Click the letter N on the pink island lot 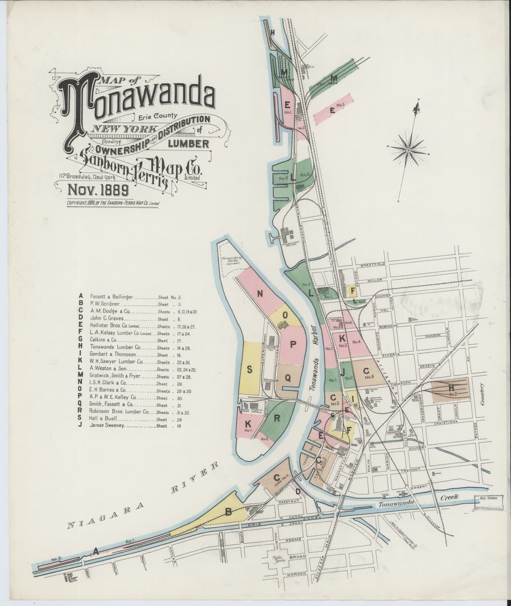(261, 294)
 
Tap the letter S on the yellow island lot (249, 370)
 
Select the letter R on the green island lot (277, 418)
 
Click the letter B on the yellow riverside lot (228, 512)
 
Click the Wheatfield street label (374, 264)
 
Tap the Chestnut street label (291, 502)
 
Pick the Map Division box (489, 504)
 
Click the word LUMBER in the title (189, 144)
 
